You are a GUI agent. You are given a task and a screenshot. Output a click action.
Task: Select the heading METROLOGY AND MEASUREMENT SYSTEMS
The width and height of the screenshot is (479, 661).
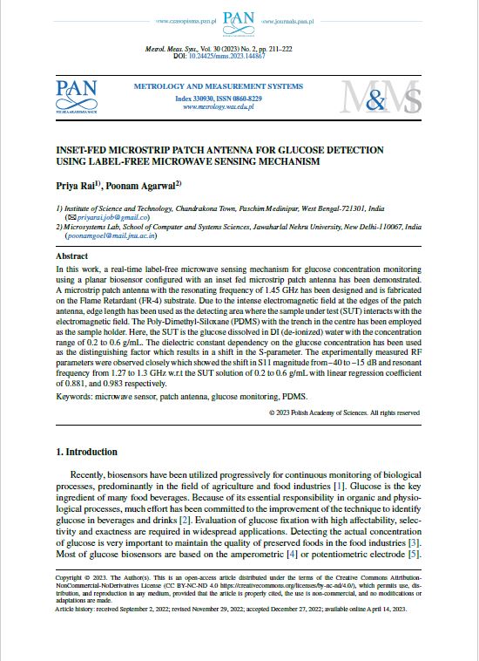coord(218,87)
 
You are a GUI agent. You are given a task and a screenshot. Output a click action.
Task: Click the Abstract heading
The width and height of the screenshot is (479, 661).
coord(71,257)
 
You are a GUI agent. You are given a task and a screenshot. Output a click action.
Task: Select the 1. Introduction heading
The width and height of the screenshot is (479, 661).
coord(86,453)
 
